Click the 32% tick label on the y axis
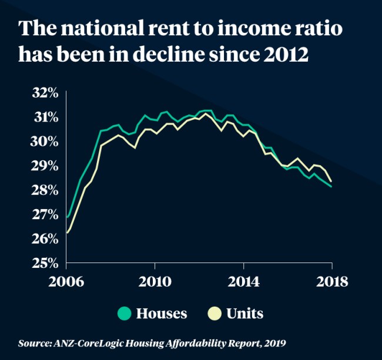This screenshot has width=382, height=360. point(45,93)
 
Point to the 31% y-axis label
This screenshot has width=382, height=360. point(45,117)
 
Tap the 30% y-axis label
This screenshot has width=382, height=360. point(45,142)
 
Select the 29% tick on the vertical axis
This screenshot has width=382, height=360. point(45,166)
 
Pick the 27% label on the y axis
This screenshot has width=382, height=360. point(45,215)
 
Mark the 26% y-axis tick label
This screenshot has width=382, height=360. point(45,239)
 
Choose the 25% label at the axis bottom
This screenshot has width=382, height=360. point(45,263)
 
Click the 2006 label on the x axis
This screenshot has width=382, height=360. point(66,281)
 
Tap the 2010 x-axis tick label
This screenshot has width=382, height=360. point(155,281)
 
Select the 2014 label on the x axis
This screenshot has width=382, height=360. point(243,281)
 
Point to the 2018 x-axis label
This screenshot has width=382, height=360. point(331,281)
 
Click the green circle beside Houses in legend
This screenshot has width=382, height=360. point(124,314)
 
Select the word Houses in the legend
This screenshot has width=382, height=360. point(162,314)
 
